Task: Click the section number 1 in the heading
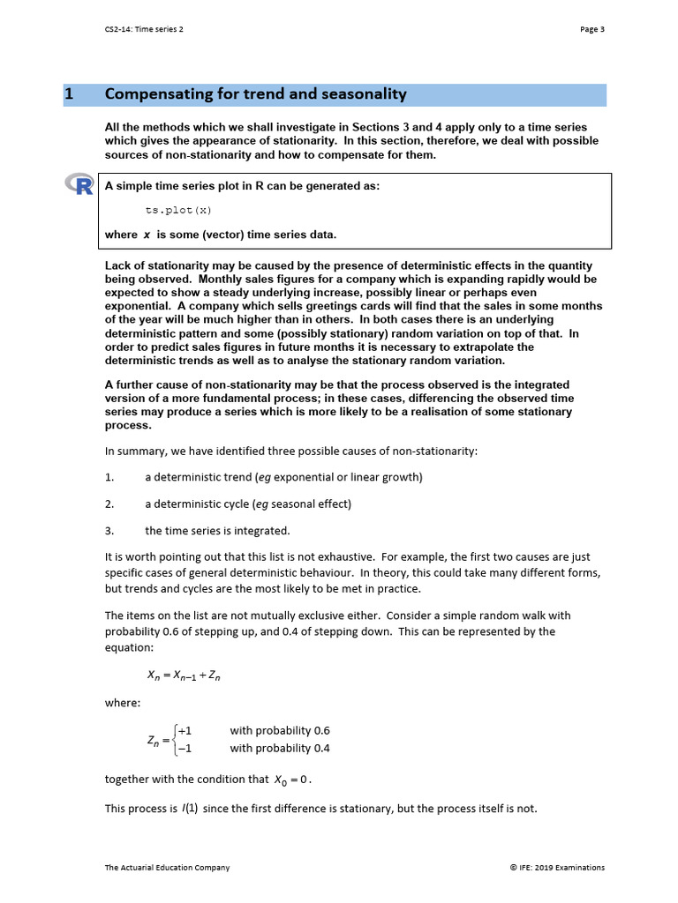click(x=69, y=94)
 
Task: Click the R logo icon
click(x=79, y=184)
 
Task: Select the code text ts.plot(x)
click(x=178, y=211)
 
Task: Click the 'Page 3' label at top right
click(x=591, y=29)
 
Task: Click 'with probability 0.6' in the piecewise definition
click(x=280, y=730)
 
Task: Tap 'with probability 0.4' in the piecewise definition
click(x=280, y=748)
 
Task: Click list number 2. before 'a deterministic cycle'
click(x=109, y=504)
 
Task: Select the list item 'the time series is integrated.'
click(x=217, y=531)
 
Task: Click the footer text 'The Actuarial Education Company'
click(x=167, y=868)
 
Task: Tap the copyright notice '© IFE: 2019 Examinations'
click(x=557, y=868)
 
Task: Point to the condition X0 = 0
click(x=293, y=780)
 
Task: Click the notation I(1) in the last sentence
click(x=190, y=808)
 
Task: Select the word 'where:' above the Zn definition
click(x=123, y=703)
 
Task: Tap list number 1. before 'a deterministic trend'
click(x=109, y=477)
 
